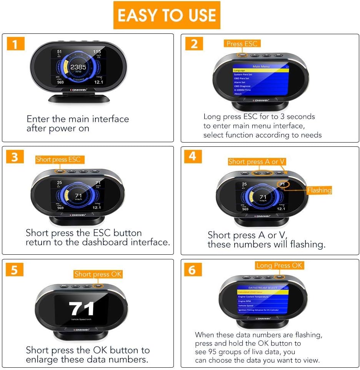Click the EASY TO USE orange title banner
pyautogui.click(x=167, y=15)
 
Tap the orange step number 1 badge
pyautogui.click(x=15, y=44)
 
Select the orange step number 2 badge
pyautogui.click(x=194, y=44)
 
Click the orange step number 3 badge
pyautogui.click(x=15, y=158)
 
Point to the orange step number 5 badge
pyautogui.click(x=15, y=270)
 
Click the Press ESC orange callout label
pyautogui.click(x=242, y=44)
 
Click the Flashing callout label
pyautogui.click(x=319, y=190)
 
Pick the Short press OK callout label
pyautogui.click(x=98, y=274)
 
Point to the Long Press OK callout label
pyautogui.click(x=280, y=265)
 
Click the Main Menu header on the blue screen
pyautogui.click(x=262, y=66)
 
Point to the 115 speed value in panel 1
pyautogui.click(x=97, y=52)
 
